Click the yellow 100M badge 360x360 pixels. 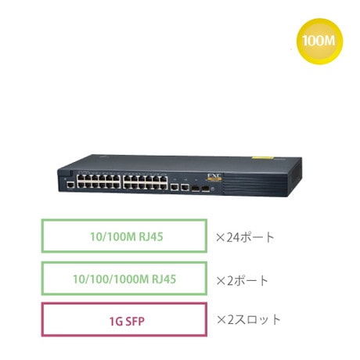point(319,41)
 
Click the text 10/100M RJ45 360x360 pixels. point(127,236)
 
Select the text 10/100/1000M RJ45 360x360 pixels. point(124,279)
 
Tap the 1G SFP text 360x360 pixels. point(127,321)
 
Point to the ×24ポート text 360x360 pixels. point(245,237)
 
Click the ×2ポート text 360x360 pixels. point(242,280)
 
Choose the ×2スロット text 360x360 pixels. point(248,320)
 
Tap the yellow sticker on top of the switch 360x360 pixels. point(262,157)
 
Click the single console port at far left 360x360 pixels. point(70,185)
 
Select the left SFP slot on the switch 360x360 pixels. point(196,189)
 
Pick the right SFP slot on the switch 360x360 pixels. point(206,189)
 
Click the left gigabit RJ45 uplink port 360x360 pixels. point(175,187)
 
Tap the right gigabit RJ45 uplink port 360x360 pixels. point(185,188)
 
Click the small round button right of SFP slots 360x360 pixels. point(213,189)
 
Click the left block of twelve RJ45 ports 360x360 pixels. point(99,182)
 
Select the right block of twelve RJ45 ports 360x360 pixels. point(145,182)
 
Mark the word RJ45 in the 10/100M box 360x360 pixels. point(151,236)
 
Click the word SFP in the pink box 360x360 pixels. point(135,321)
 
